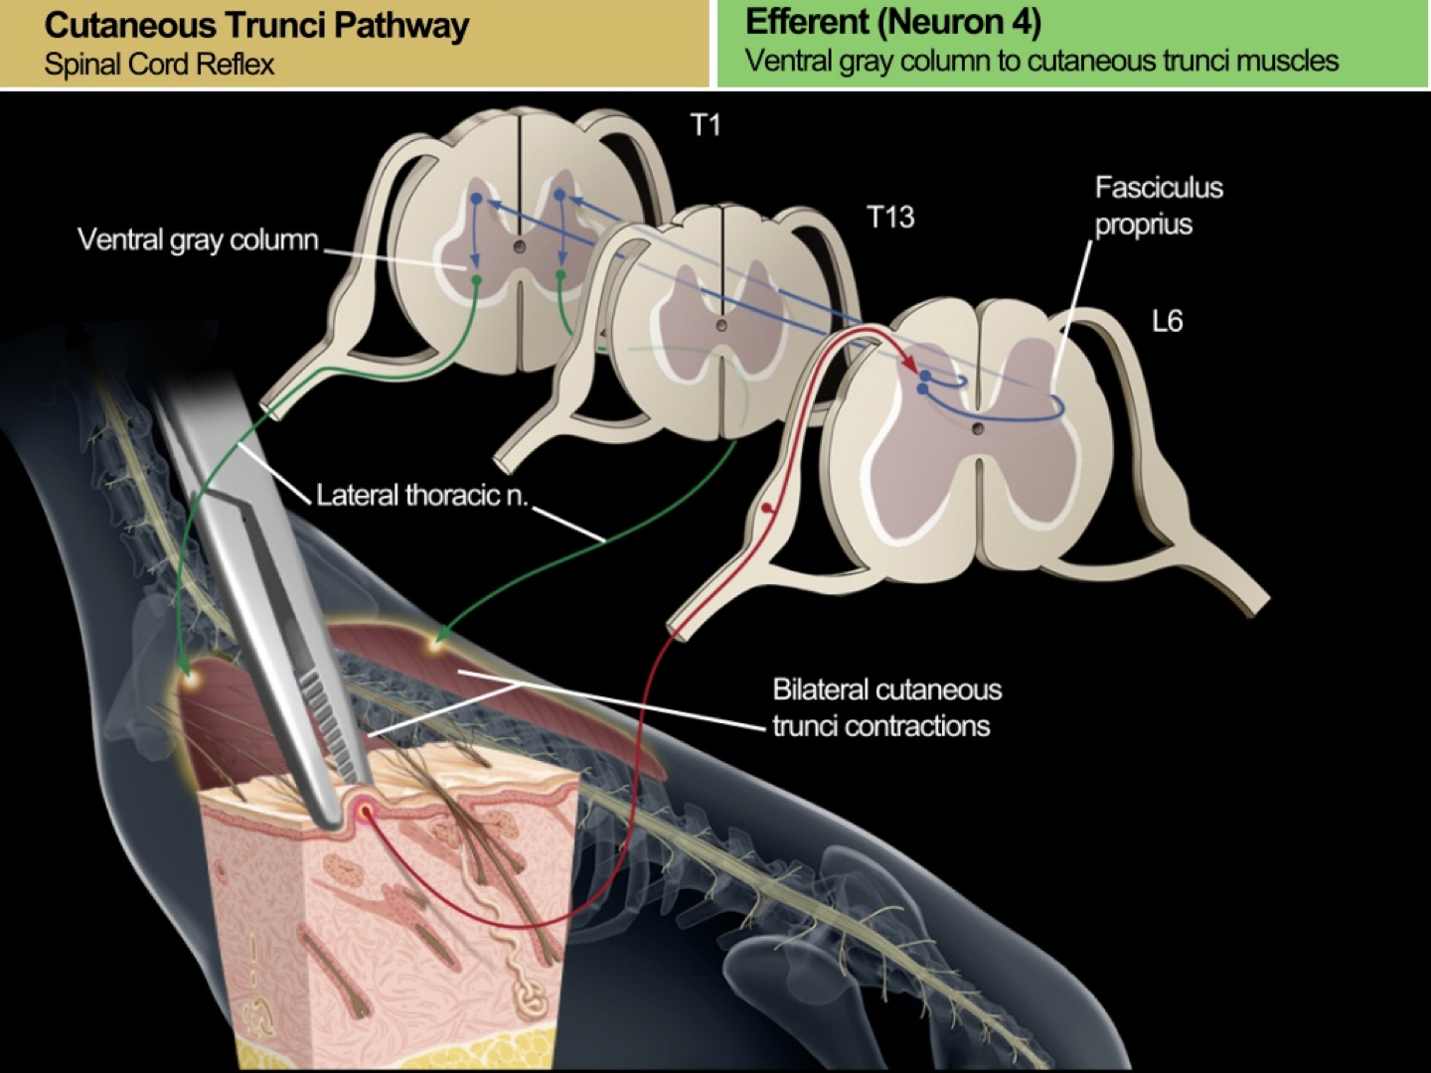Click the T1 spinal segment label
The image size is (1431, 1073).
click(x=705, y=125)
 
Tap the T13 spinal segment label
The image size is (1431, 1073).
click(x=889, y=218)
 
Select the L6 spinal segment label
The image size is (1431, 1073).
click(x=1167, y=321)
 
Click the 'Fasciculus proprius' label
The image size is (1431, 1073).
click(x=1158, y=206)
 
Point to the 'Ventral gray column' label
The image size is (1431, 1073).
click(x=198, y=239)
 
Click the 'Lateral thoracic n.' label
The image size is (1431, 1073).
click(x=421, y=495)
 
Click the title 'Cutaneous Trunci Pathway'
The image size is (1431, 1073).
click(x=256, y=26)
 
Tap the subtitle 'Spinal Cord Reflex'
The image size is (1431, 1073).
click(x=159, y=65)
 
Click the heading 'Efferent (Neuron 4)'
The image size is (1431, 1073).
click(x=892, y=22)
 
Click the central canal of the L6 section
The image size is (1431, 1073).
click(x=978, y=428)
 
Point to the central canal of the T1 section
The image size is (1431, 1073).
click(x=518, y=245)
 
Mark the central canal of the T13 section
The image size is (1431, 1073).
click(x=721, y=325)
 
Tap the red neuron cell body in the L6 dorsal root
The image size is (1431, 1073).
click(x=766, y=510)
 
